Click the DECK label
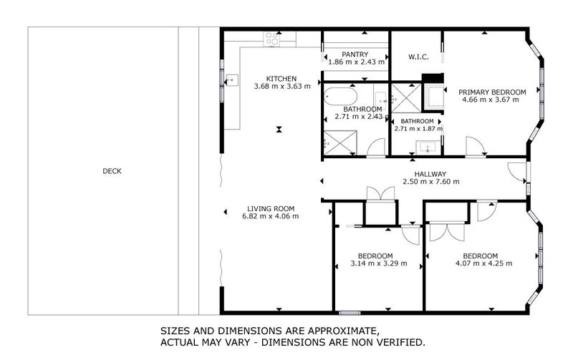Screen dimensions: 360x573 tap(112, 170)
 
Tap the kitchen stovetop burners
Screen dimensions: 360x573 tap(272, 40)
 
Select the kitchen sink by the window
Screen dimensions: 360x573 tap(232, 79)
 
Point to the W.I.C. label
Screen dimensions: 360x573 tap(418, 57)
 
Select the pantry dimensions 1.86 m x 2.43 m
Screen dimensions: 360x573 tap(356, 62)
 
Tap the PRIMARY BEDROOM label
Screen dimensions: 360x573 tap(492, 92)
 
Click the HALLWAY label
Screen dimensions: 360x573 tap(430, 174)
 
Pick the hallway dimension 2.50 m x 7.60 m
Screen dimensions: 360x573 tap(430, 182)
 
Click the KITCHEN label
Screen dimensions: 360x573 tap(281, 79)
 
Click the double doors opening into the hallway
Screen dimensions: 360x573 tap(377, 195)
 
